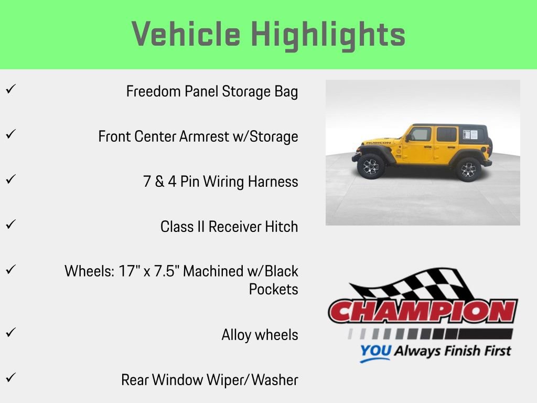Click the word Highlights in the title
[328, 35]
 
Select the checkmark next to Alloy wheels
[9, 332]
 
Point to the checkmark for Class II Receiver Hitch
[9, 224]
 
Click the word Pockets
[273, 290]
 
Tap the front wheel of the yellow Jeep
[371, 166]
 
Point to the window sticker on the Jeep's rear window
[470, 134]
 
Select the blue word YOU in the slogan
[375, 351]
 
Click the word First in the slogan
[493, 350]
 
